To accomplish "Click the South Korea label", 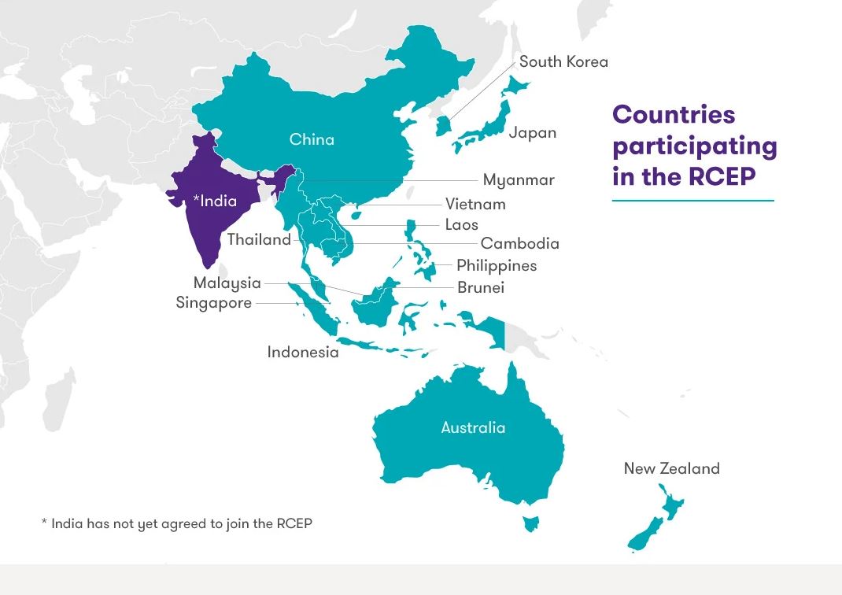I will pyautogui.click(x=563, y=61).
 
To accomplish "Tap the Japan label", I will pyautogui.click(x=532, y=132).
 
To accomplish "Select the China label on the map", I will pyautogui.click(x=312, y=139).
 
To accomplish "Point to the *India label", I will pyautogui.click(x=215, y=201).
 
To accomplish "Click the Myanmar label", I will pyautogui.click(x=519, y=180).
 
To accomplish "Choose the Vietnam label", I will pyautogui.click(x=475, y=205).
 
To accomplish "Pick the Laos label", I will pyautogui.click(x=461, y=225).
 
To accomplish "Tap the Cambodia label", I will pyautogui.click(x=519, y=244).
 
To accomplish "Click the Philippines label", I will pyautogui.click(x=497, y=266).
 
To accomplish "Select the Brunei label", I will pyautogui.click(x=481, y=288).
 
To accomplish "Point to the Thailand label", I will pyautogui.click(x=259, y=240).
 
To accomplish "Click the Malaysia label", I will pyautogui.click(x=227, y=283).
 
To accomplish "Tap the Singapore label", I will pyautogui.click(x=214, y=303).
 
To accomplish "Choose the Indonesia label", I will pyautogui.click(x=303, y=352).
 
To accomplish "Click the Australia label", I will pyautogui.click(x=473, y=428).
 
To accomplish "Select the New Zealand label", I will pyautogui.click(x=671, y=469).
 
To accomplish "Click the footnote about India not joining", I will pyautogui.click(x=177, y=523).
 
